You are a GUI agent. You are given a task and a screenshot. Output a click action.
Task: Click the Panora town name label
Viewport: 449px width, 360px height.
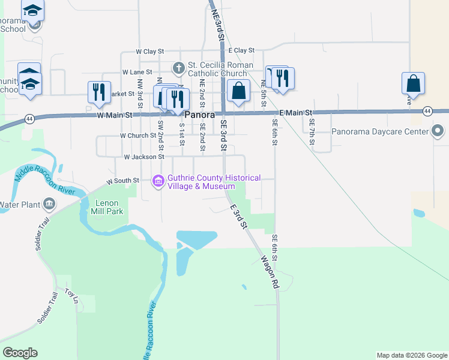(199, 114)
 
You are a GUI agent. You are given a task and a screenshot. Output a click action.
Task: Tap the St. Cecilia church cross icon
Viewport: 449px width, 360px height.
(178, 66)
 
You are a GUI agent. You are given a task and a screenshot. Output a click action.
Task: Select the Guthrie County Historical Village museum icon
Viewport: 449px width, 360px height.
(158, 181)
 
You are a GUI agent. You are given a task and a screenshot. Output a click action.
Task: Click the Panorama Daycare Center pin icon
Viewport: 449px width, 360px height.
(438, 131)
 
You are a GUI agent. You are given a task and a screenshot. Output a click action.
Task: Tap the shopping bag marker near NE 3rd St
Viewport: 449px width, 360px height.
(239, 91)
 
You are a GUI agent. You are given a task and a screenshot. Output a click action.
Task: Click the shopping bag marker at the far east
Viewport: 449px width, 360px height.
(414, 83)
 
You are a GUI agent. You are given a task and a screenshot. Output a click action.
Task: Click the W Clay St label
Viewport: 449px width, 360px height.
(149, 52)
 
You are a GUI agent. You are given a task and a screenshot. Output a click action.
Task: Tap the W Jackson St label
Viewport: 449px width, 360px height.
(143, 157)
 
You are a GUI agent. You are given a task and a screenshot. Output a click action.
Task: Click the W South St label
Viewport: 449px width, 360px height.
(123, 180)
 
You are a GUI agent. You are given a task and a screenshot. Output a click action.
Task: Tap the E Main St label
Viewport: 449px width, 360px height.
(297, 113)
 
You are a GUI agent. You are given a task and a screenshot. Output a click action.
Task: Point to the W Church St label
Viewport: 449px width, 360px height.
(138, 136)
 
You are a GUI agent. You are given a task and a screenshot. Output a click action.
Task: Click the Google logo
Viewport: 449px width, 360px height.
(20, 353)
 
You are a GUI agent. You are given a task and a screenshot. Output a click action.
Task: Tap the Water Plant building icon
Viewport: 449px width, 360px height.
(49, 205)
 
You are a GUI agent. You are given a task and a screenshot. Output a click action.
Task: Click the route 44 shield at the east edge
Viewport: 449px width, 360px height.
(427, 111)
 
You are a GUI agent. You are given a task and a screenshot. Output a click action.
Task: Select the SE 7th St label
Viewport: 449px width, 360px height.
(312, 130)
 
